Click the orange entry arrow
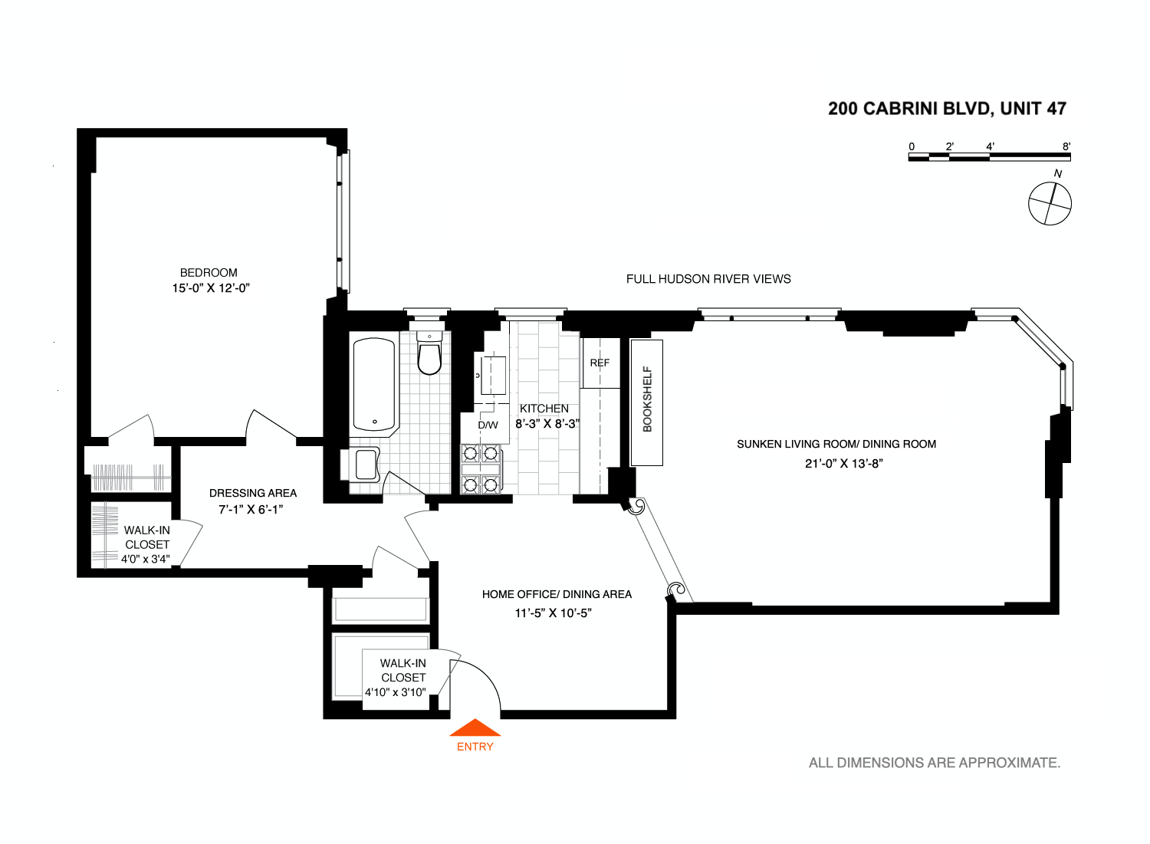(475, 728)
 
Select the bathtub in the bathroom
(373, 385)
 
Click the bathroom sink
(366, 465)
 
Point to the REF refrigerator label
(600, 363)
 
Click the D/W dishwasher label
(488, 425)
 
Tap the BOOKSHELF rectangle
(646, 402)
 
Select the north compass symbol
(1050, 203)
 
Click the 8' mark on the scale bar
(1066, 146)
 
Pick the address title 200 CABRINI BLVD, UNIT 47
(947, 109)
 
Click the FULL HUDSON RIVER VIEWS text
(708, 279)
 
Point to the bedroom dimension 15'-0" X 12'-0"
(211, 288)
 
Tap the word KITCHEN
(544, 409)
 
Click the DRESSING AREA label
(252, 493)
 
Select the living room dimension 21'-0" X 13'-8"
(844, 463)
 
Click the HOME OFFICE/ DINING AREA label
(557, 594)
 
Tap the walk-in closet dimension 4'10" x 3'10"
(396, 692)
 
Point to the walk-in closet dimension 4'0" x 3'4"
(146, 559)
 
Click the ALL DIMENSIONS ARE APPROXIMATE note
(935, 763)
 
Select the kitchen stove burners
(481, 468)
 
